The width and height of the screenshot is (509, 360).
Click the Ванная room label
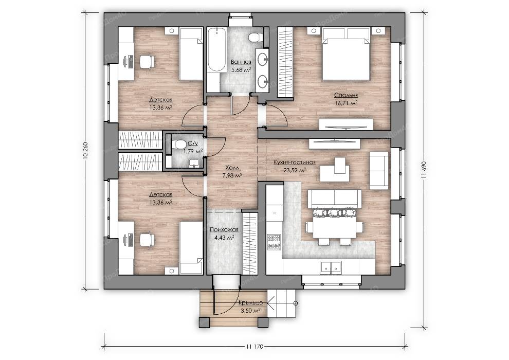pos(241,62)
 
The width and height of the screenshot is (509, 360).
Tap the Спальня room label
pos(346,95)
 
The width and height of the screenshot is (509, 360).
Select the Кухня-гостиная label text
pos(295,163)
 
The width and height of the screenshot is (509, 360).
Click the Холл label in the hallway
pos(232,168)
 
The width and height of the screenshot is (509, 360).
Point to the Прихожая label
pos(224,229)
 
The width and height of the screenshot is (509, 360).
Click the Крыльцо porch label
pos(250,302)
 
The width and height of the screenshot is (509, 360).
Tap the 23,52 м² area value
pos(295,170)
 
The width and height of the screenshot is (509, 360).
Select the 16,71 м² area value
pos(346,103)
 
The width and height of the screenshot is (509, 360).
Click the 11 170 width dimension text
pos(254,347)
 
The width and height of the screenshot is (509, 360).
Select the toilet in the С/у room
pos(178,144)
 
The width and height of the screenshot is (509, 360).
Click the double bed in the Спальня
pos(346,54)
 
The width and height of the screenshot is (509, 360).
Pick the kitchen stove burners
pos(274,242)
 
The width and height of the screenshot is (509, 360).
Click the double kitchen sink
pos(331,267)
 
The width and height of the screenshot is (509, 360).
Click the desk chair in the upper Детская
pos(147,61)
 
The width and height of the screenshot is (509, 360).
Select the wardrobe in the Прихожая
pos(250,243)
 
